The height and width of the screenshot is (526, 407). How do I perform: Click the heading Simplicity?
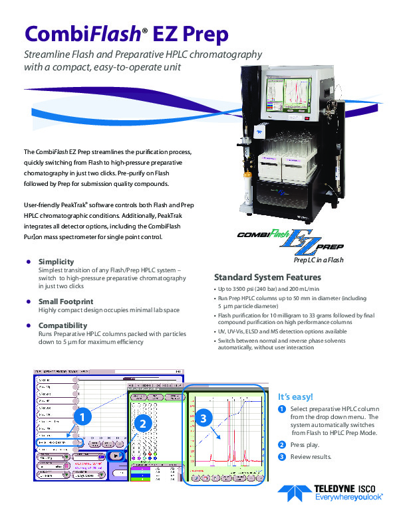point(56,262)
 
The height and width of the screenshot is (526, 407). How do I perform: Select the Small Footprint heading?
point(65,301)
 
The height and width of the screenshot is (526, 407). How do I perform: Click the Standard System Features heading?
point(267,277)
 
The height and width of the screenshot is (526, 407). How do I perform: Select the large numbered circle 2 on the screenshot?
point(142,422)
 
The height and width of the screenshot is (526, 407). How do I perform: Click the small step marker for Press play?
point(282,444)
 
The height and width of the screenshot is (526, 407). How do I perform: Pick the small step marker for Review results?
point(282,456)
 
